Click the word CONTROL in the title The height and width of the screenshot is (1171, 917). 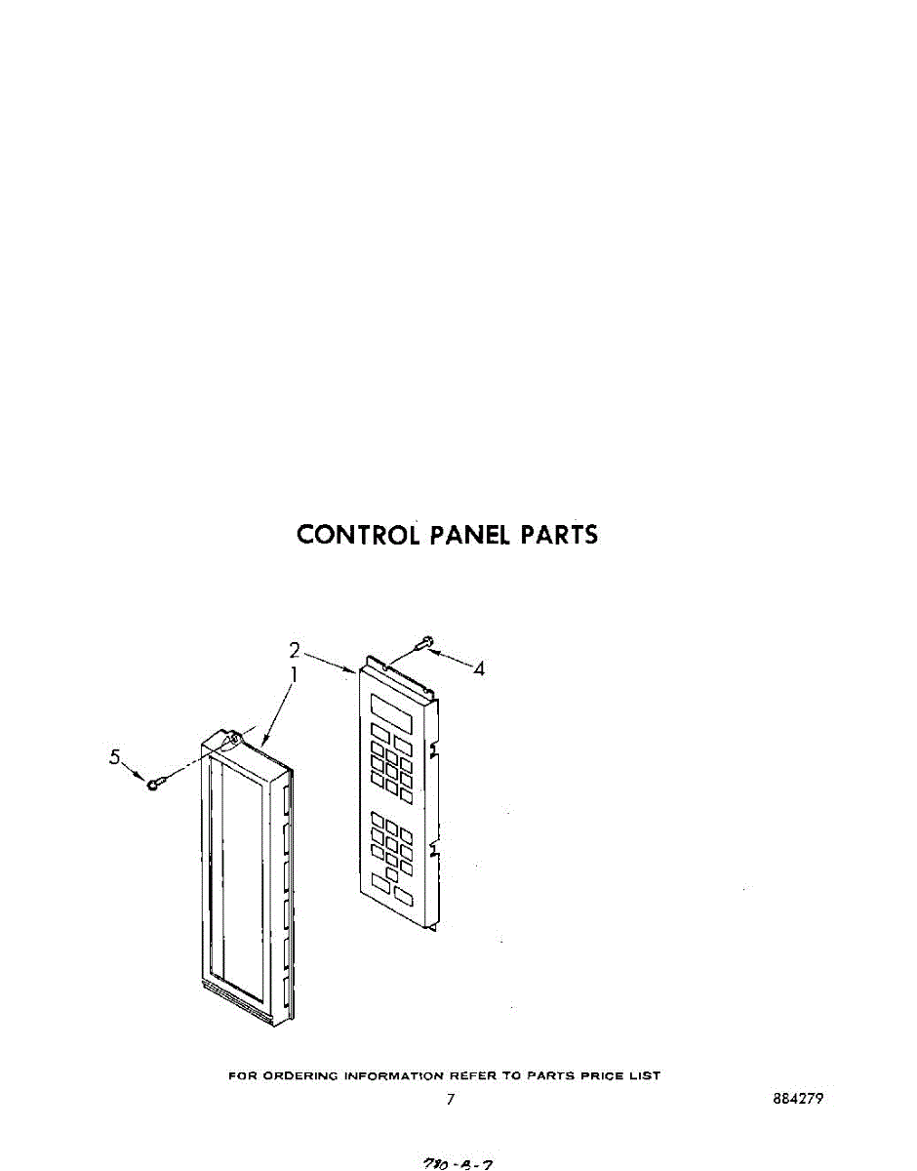coord(359,535)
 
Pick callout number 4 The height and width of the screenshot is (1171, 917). coord(478,668)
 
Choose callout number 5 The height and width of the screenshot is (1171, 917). coord(115,755)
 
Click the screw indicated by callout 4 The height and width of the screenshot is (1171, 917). coord(426,642)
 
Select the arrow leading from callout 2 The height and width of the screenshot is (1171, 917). coord(331,662)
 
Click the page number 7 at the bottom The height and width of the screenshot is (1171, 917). coord(451,1100)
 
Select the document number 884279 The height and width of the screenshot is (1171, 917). coord(797,1098)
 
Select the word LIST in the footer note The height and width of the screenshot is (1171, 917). coord(647,1075)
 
